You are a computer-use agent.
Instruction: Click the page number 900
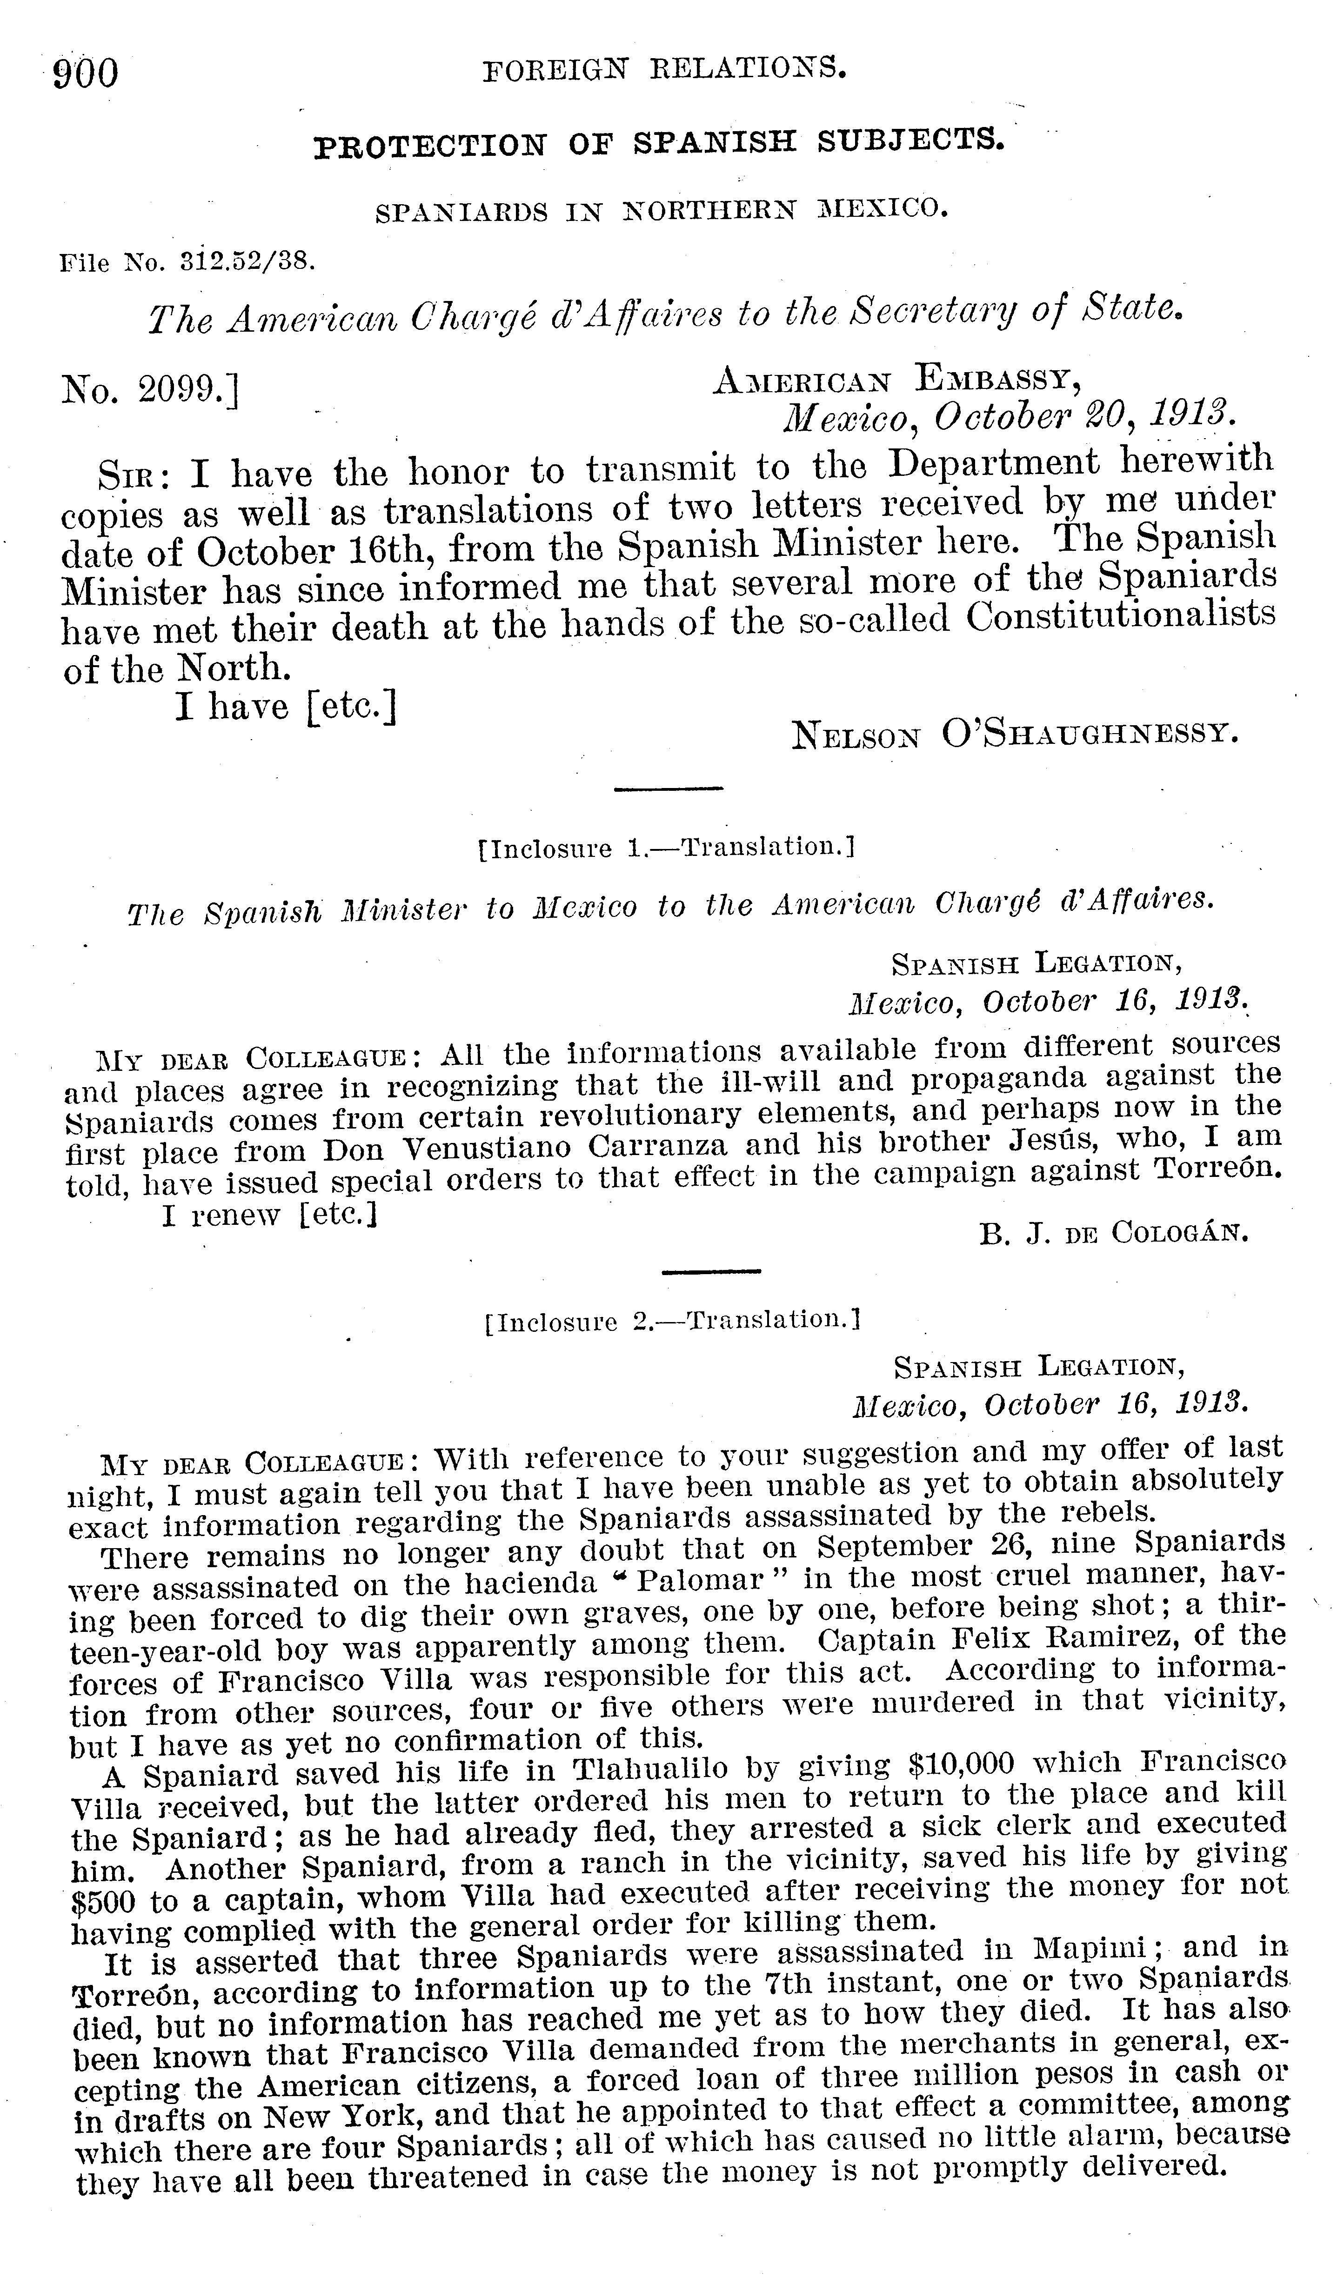[x=86, y=73]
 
